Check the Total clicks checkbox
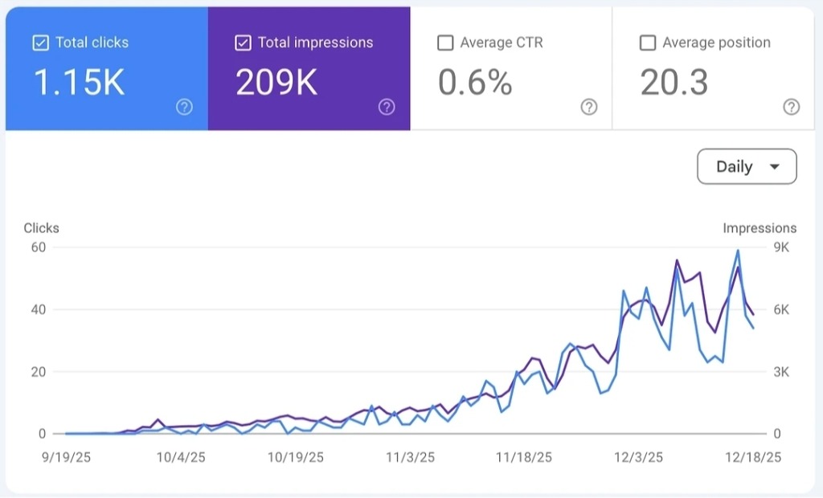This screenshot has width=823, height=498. click(x=40, y=43)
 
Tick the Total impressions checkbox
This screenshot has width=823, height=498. click(x=243, y=43)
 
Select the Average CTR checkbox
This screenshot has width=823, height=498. click(x=445, y=43)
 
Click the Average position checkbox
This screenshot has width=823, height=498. click(x=648, y=43)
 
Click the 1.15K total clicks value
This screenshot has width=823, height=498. click(x=79, y=82)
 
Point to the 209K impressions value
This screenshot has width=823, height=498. click(x=276, y=82)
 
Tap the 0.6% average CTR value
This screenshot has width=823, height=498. click(x=475, y=82)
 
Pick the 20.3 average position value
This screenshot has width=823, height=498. click(x=674, y=82)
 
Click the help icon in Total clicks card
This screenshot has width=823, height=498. click(x=184, y=107)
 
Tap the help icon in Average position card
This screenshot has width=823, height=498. click(x=792, y=107)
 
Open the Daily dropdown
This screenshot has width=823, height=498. click(x=747, y=167)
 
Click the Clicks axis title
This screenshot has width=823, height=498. click(x=41, y=228)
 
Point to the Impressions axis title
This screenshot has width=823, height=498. click(x=760, y=228)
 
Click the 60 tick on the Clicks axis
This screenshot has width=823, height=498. click(x=39, y=247)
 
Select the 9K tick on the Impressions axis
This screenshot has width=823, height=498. click(x=780, y=247)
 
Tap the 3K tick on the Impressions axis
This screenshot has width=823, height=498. click(x=780, y=372)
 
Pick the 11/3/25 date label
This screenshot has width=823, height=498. click(x=410, y=457)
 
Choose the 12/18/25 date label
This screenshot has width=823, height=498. click(x=754, y=457)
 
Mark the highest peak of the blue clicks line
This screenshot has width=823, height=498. click(x=737, y=251)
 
